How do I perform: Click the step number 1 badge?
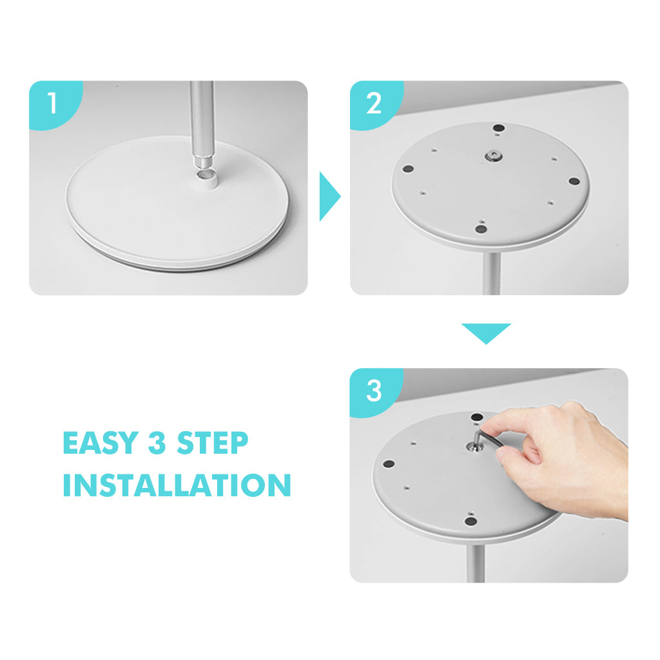53,102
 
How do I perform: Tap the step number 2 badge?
374,103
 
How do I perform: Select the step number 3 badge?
374,391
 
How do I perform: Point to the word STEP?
213,443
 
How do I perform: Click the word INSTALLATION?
177,485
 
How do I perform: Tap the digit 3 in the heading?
157,443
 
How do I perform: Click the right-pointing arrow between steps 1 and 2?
329,196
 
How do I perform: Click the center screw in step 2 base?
492,157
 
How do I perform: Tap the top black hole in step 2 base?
499,128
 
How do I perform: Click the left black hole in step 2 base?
408,169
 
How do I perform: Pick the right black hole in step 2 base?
574,181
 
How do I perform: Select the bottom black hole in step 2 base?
481,229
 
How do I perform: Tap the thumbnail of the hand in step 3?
502,454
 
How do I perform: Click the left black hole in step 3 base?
389,464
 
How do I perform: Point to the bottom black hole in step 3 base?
471,521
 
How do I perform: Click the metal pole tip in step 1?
203,161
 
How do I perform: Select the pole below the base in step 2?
491,273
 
